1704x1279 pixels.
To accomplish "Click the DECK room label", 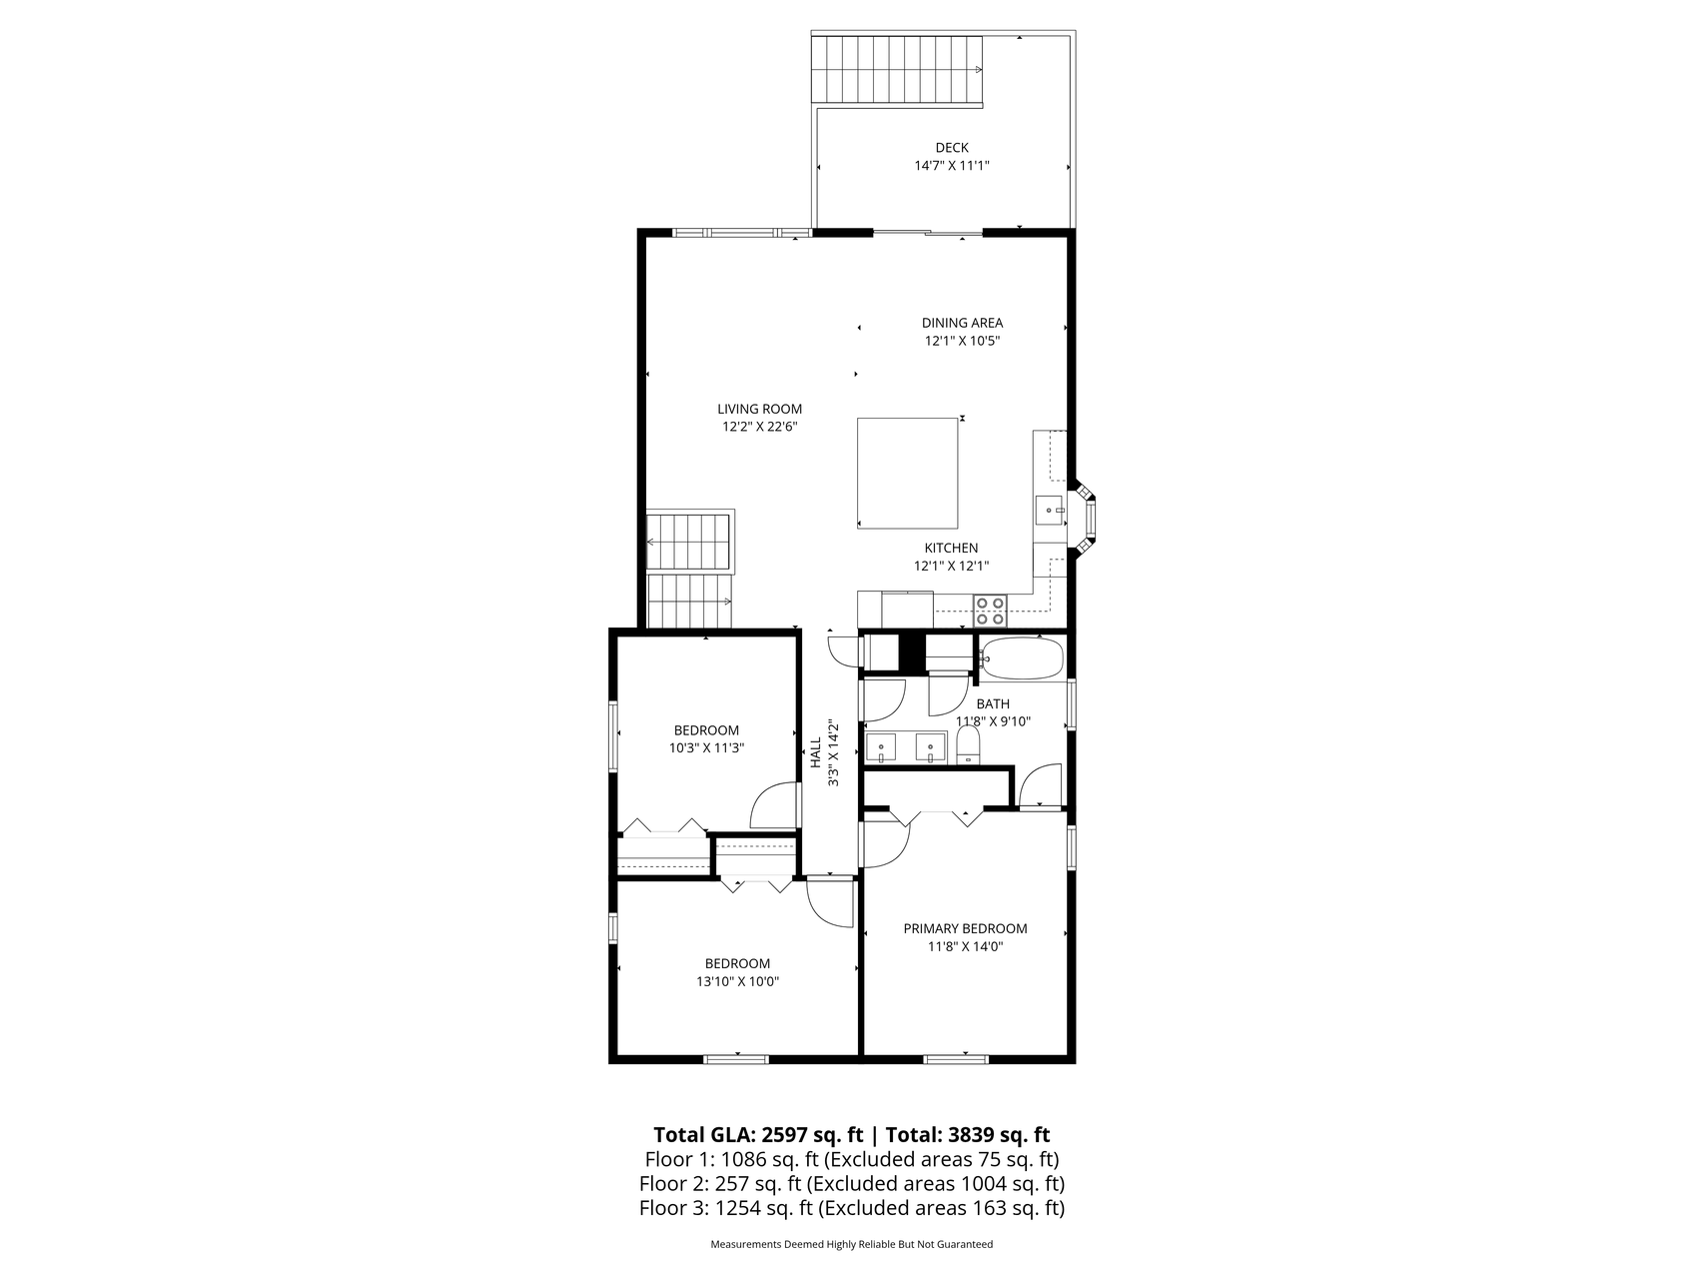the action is pos(952,148).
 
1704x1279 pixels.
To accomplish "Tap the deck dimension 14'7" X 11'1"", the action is pos(952,166).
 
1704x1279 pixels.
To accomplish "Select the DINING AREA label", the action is pos(962,323).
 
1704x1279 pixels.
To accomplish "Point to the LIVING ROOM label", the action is pos(759,409).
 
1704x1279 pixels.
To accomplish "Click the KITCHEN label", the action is pos(951,548).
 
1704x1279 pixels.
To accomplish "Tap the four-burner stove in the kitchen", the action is pos(990,611).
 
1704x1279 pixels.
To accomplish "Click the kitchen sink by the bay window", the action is pos(1049,510).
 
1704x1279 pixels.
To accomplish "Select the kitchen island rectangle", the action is pos(908,473).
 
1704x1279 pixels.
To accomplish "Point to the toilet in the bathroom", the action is pos(967,744).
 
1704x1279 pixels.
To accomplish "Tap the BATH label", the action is pos(993,704).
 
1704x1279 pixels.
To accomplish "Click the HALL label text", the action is pos(815,753).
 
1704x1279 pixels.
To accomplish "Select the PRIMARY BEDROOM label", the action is pos(965,928).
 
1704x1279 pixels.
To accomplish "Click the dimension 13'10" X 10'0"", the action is pos(737,981).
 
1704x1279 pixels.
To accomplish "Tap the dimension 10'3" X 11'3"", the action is pos(706,747).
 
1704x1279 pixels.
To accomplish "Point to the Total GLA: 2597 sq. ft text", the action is pos(758,1135).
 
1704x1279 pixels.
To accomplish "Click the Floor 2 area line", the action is pos(852,1184).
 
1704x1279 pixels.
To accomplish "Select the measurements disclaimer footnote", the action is pos(852,1245).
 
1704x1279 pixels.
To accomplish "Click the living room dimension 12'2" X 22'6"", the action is pos(760,427).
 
